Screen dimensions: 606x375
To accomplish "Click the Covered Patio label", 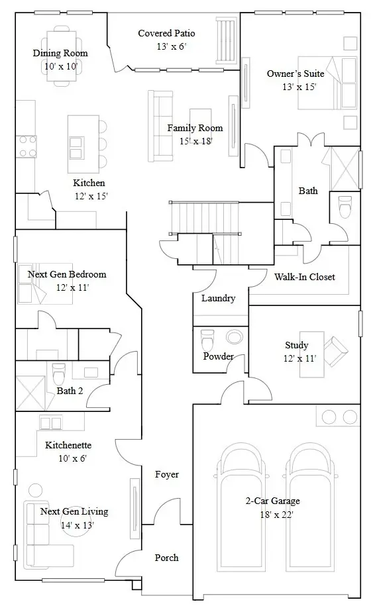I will (x=166, y=33).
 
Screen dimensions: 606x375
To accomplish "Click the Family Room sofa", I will (x=160, y=125).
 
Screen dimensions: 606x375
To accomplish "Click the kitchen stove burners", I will (x=27, y=146).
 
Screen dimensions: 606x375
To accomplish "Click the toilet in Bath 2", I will (x=58, y=372).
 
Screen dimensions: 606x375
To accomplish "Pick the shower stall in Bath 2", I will (x=31, y=393).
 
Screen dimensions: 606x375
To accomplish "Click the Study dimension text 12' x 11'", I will (x=299, y=358).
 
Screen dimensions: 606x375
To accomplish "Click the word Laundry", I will (x=218, y=298).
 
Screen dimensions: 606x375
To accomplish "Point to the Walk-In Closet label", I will (x=304, y=277).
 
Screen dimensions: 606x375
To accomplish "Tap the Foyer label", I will (x=166, y=474).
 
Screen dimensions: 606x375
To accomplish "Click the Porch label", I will (x=166, y=558).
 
